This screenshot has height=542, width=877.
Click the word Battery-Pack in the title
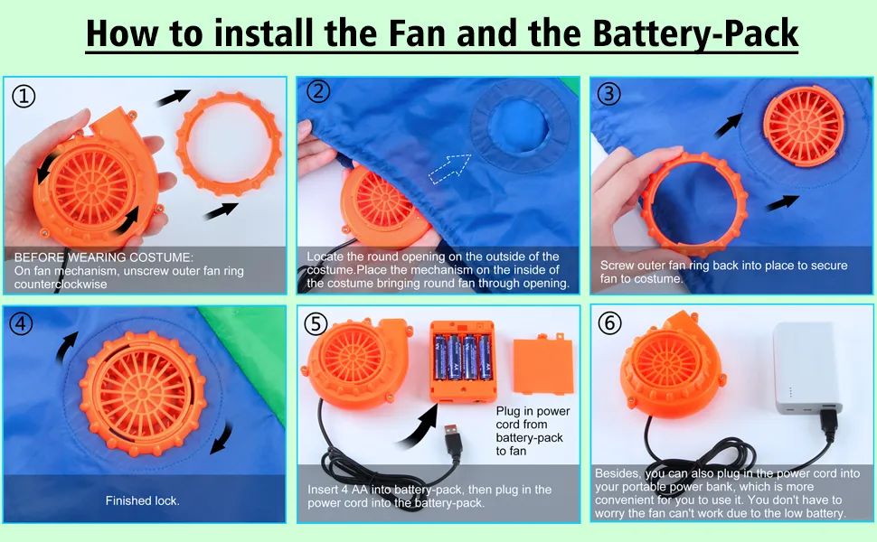(695, 33)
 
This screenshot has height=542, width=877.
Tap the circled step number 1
(24, 96)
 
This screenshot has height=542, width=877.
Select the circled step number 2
(318, 91)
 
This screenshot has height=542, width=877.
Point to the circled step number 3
(609, 93)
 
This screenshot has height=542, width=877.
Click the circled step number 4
(22, 323)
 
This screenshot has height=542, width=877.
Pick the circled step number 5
(316, 323)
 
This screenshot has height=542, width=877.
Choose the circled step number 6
(609, 322)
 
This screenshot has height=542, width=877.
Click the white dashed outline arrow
(449, 168)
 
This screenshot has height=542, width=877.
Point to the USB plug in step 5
(454, 442)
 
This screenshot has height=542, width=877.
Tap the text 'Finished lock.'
(143, 500)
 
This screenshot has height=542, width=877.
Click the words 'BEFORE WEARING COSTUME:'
(103, 257)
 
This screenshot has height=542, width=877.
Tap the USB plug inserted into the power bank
(828, 424)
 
